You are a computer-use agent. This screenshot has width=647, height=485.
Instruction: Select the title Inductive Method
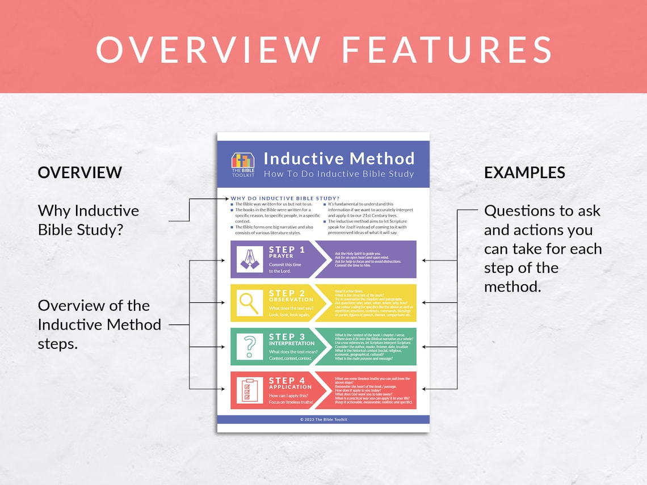coord(339,158)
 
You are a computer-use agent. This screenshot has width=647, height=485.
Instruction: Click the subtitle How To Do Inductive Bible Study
coord(339,174)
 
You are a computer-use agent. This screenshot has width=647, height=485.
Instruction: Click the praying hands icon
coord(250,259)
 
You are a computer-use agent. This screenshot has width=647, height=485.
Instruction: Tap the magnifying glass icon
coord(250,303)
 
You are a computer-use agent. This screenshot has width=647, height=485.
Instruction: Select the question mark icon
coord(250,347)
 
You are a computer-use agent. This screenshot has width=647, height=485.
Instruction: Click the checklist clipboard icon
coord(250,390)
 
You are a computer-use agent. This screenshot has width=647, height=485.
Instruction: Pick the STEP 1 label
coord(287,250)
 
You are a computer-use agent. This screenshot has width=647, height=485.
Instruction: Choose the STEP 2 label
coord(287,293)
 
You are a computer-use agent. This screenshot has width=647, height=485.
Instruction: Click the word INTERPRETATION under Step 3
coord(292,343)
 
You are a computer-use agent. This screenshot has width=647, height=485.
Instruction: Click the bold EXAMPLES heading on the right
coord(524,172)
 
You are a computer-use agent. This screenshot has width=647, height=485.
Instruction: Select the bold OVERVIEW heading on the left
coord(80,172)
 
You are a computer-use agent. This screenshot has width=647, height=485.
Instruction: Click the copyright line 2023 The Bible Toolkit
coord(323,420)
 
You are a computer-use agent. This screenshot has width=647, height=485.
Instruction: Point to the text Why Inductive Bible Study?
coord(88,220)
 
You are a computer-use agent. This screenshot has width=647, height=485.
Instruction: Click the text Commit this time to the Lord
coord(285,268)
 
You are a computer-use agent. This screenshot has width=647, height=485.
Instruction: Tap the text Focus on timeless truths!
coord(291,402)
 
